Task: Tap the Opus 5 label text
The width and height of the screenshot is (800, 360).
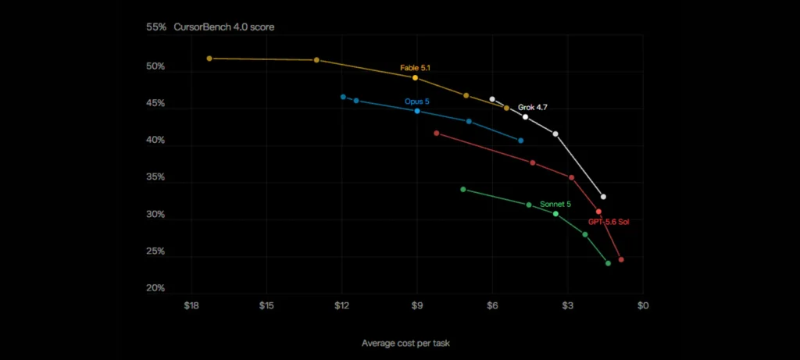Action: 417,102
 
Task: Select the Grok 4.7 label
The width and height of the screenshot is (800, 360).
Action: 533,108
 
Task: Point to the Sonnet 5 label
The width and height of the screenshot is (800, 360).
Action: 555,204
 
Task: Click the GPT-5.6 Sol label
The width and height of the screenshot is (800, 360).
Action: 608,222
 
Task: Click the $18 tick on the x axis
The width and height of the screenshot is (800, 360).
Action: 191,305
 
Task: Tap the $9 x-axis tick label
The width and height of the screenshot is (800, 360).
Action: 417,305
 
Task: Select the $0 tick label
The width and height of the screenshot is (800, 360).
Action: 643,305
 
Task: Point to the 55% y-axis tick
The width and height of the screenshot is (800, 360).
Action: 156,27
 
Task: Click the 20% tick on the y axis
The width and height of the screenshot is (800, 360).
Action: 156,288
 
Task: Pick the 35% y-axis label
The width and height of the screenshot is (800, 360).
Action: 156,177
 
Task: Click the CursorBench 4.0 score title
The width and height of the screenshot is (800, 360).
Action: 224,27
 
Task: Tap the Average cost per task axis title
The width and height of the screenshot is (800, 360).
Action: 405,343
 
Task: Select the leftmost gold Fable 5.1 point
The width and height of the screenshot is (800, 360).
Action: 209,59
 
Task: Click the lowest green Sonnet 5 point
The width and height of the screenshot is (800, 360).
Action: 608,263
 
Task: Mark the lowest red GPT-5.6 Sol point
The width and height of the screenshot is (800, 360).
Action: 621,259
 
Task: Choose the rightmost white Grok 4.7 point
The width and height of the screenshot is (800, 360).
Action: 603,196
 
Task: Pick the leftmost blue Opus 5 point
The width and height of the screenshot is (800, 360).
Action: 343,97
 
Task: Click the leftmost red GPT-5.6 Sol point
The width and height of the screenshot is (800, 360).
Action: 436,133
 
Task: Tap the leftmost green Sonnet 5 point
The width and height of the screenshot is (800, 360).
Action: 462,189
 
